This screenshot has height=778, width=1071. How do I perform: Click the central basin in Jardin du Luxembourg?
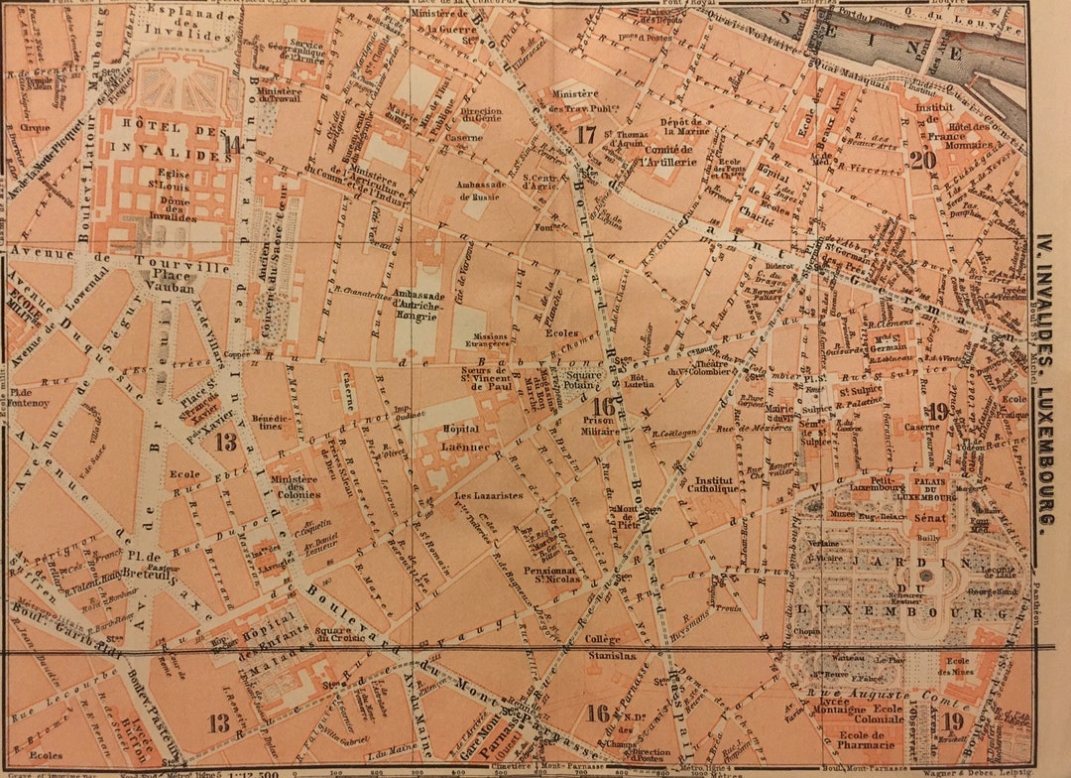point(926,575)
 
